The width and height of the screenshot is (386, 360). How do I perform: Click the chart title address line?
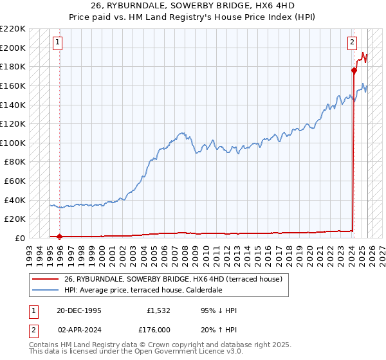click(x=192, y=6)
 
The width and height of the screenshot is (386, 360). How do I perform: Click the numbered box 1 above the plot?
click(x=58, y=43)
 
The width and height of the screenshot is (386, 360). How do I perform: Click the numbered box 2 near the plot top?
click(x=353, y=43)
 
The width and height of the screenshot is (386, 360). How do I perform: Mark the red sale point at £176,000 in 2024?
click(x=354, y=70)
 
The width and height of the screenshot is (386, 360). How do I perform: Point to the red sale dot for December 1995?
click(x=60, y=236)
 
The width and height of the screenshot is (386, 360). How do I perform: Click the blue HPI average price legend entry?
click(x=143, y=290)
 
